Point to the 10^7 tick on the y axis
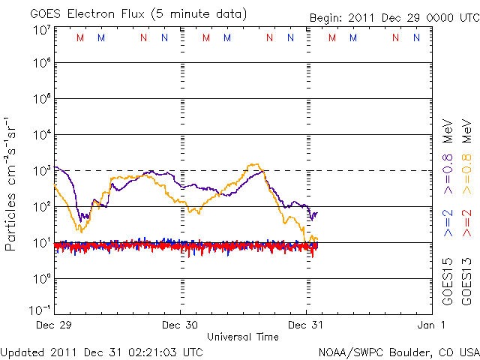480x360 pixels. point(41,30)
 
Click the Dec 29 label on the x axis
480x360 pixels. point(55,325)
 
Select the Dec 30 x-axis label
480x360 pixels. point(180,325)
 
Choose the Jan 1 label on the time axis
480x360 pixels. point(431,325)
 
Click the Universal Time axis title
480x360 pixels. point(242,337)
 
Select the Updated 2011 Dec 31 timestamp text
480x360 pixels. point(101,351)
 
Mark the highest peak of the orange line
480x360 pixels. point(256,164)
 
